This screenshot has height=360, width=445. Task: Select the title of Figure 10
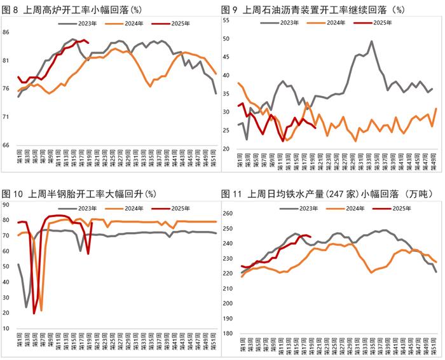click(83, 193)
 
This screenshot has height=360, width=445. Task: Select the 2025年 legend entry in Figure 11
click(390, 208)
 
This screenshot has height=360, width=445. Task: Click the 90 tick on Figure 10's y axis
click(6, 204)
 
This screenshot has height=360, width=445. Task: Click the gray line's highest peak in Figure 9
click(371, 41)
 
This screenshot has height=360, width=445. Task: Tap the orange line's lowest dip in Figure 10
click(41, 310)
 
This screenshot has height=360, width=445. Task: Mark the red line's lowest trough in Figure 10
click(34, 313)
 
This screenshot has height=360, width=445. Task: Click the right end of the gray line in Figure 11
click(437, 272)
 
